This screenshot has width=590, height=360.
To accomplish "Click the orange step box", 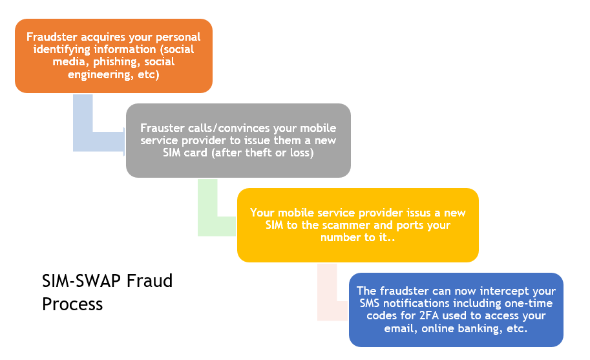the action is pyautogui.click(x=114, y=56).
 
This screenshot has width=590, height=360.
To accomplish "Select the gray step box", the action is pyautogui.click(x=238, y=140).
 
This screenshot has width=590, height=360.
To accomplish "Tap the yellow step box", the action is pyautogui.click(x=358, y=225).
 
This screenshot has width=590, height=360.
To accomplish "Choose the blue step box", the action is pyautogui.click(x=456, y=310).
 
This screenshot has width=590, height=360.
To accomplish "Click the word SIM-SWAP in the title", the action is pyautogui.click(x=81, y=281).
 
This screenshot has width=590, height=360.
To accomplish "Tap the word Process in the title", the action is pyautogui.click(x=72, y=304).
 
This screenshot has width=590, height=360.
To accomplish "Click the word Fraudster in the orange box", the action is pyautogui.click(x=52, y=37).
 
